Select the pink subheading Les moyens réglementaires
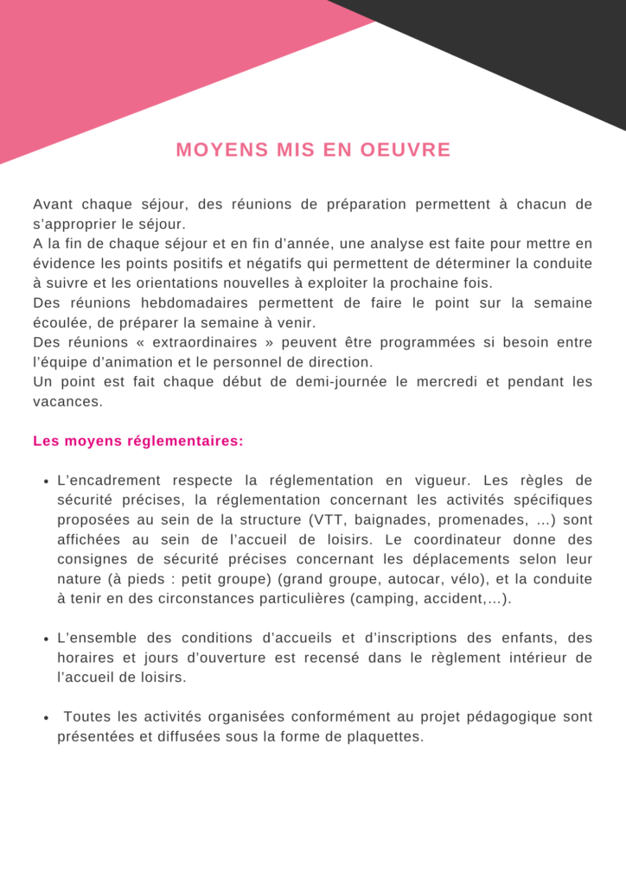pyautogui.click(x=138, y=442)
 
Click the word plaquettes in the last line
pyautogui.click(x=385, y=737)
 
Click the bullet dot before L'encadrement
pyautogui.click(x=45, y=482)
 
